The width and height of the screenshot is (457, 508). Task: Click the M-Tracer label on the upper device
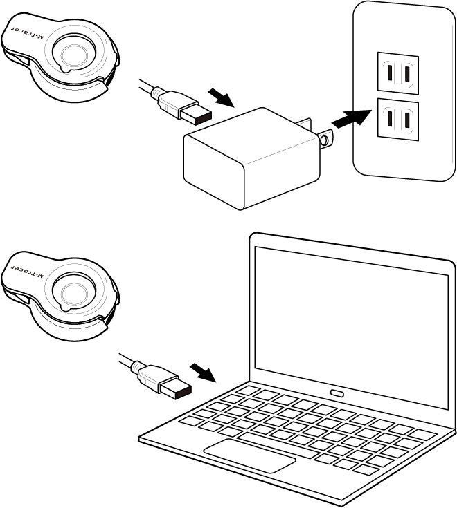tap(30, 35)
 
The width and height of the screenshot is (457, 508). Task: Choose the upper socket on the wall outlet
tap(397, 72)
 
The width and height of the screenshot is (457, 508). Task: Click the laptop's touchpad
tap(249, 454)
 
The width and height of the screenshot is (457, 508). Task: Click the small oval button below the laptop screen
tap(337, 393)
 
